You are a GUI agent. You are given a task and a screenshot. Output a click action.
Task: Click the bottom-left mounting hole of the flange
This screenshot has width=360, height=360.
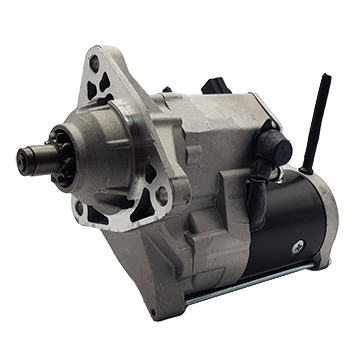(80, 209)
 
